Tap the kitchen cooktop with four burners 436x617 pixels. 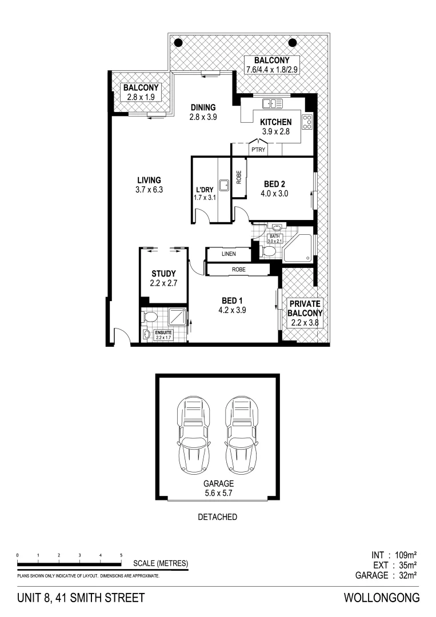307,122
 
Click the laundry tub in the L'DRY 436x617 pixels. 225,185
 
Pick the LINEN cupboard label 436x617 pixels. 229,254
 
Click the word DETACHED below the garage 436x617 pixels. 217,517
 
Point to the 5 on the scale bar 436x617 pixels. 121,555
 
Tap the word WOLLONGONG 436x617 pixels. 381,598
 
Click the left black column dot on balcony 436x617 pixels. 178,42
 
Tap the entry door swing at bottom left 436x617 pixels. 121,337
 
